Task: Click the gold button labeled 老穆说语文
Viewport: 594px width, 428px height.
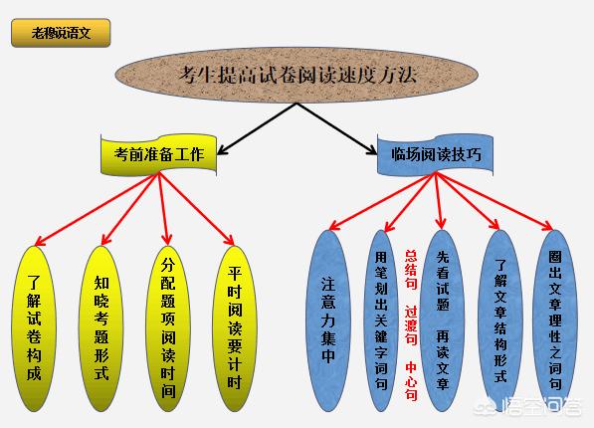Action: (61, 33)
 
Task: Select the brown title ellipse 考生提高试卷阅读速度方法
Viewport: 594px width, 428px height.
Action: (297, 75)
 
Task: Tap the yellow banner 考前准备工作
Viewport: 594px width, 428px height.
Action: (159, 154)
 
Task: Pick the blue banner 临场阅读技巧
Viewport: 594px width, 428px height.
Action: (435, 154)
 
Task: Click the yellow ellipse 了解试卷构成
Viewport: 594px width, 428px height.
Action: (34, 328)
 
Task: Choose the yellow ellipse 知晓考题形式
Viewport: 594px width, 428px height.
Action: (101, 328)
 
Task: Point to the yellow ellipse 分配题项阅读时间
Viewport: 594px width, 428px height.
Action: (168, 328)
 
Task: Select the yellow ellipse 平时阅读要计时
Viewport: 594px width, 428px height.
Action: (235, 328)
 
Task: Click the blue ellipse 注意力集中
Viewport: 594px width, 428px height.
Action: (328, 321)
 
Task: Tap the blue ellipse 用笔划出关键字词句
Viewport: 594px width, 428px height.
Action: (381, 321)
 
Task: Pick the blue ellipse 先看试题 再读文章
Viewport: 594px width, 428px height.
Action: (443, 321)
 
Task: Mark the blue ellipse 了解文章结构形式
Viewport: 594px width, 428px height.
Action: (500, 321)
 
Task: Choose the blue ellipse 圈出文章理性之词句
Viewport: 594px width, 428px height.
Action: (555, 321)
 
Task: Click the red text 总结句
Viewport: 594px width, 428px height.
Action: (411, 270)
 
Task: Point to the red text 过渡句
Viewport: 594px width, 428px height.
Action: (411, 325)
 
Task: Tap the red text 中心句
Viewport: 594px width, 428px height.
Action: (411, 381)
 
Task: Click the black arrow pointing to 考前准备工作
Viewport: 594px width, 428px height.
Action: (257, 128)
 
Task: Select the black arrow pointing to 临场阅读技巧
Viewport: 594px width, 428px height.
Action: (336, 128)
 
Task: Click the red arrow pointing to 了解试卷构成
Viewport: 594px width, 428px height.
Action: (97, 209)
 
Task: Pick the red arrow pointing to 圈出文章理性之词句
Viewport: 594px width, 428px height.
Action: (495, 202)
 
